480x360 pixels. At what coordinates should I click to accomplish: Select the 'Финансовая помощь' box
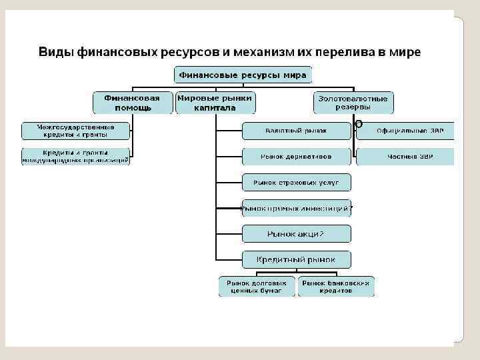132,103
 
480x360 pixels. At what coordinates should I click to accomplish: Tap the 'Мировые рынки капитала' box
215,103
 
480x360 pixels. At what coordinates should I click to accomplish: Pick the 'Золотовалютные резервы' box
353,103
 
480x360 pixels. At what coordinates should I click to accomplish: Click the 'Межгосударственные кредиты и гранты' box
76,130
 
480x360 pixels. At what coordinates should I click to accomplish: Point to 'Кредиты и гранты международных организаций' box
76,157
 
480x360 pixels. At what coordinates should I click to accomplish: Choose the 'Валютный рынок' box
295,131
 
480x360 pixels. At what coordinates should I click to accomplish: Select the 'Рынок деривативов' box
295,157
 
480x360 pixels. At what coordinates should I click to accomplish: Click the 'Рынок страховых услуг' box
295,182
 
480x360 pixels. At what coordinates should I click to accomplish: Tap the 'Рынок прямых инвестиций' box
295,208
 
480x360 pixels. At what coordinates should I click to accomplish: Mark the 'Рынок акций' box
295,233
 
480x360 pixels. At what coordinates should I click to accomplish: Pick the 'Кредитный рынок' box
295,259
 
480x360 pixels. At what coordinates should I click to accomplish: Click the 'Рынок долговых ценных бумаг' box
257,287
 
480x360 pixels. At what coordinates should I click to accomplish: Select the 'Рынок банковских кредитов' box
335,287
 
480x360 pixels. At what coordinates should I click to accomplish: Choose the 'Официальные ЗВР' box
405,131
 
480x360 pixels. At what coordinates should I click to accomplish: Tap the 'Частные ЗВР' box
405,157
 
